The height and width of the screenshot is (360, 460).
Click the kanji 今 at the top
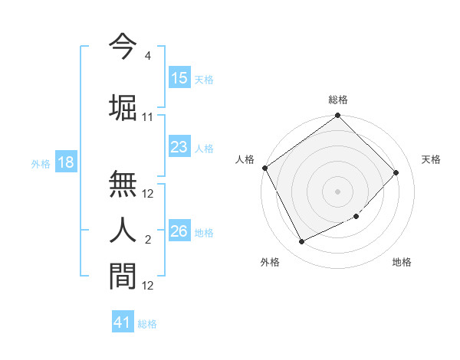point(123,47)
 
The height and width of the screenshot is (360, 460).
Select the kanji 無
point(123,185)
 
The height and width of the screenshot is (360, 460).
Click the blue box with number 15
point(179,78)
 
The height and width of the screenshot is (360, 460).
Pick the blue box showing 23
point(179,147)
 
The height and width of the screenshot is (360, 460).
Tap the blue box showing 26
point(179,231)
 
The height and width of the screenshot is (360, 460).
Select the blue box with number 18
point(65,162)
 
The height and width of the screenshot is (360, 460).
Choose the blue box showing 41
point(123,322)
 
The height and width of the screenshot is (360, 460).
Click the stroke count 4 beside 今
point(147,56)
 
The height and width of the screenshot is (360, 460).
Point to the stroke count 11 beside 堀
point(148,117)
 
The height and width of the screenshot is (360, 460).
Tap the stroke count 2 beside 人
point(147,241)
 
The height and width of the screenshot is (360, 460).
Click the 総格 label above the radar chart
point(338,100)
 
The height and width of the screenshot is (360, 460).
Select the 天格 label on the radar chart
point(432,159)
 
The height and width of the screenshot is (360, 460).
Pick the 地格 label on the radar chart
point(402,262)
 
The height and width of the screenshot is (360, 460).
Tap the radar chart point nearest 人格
point(265,168)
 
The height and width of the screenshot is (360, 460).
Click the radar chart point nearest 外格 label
point(301,242)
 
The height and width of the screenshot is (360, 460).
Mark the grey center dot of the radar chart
point(338,191)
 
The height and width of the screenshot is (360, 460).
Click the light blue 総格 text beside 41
point(147,324)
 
